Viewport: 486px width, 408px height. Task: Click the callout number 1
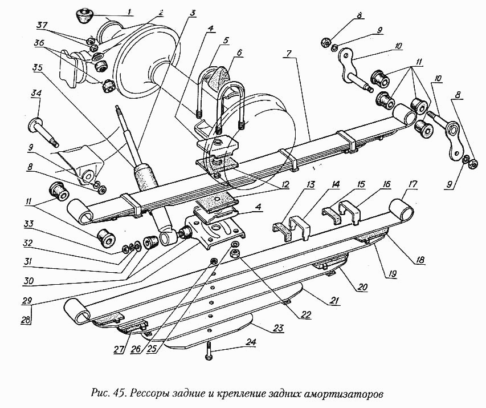pos(129,12)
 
